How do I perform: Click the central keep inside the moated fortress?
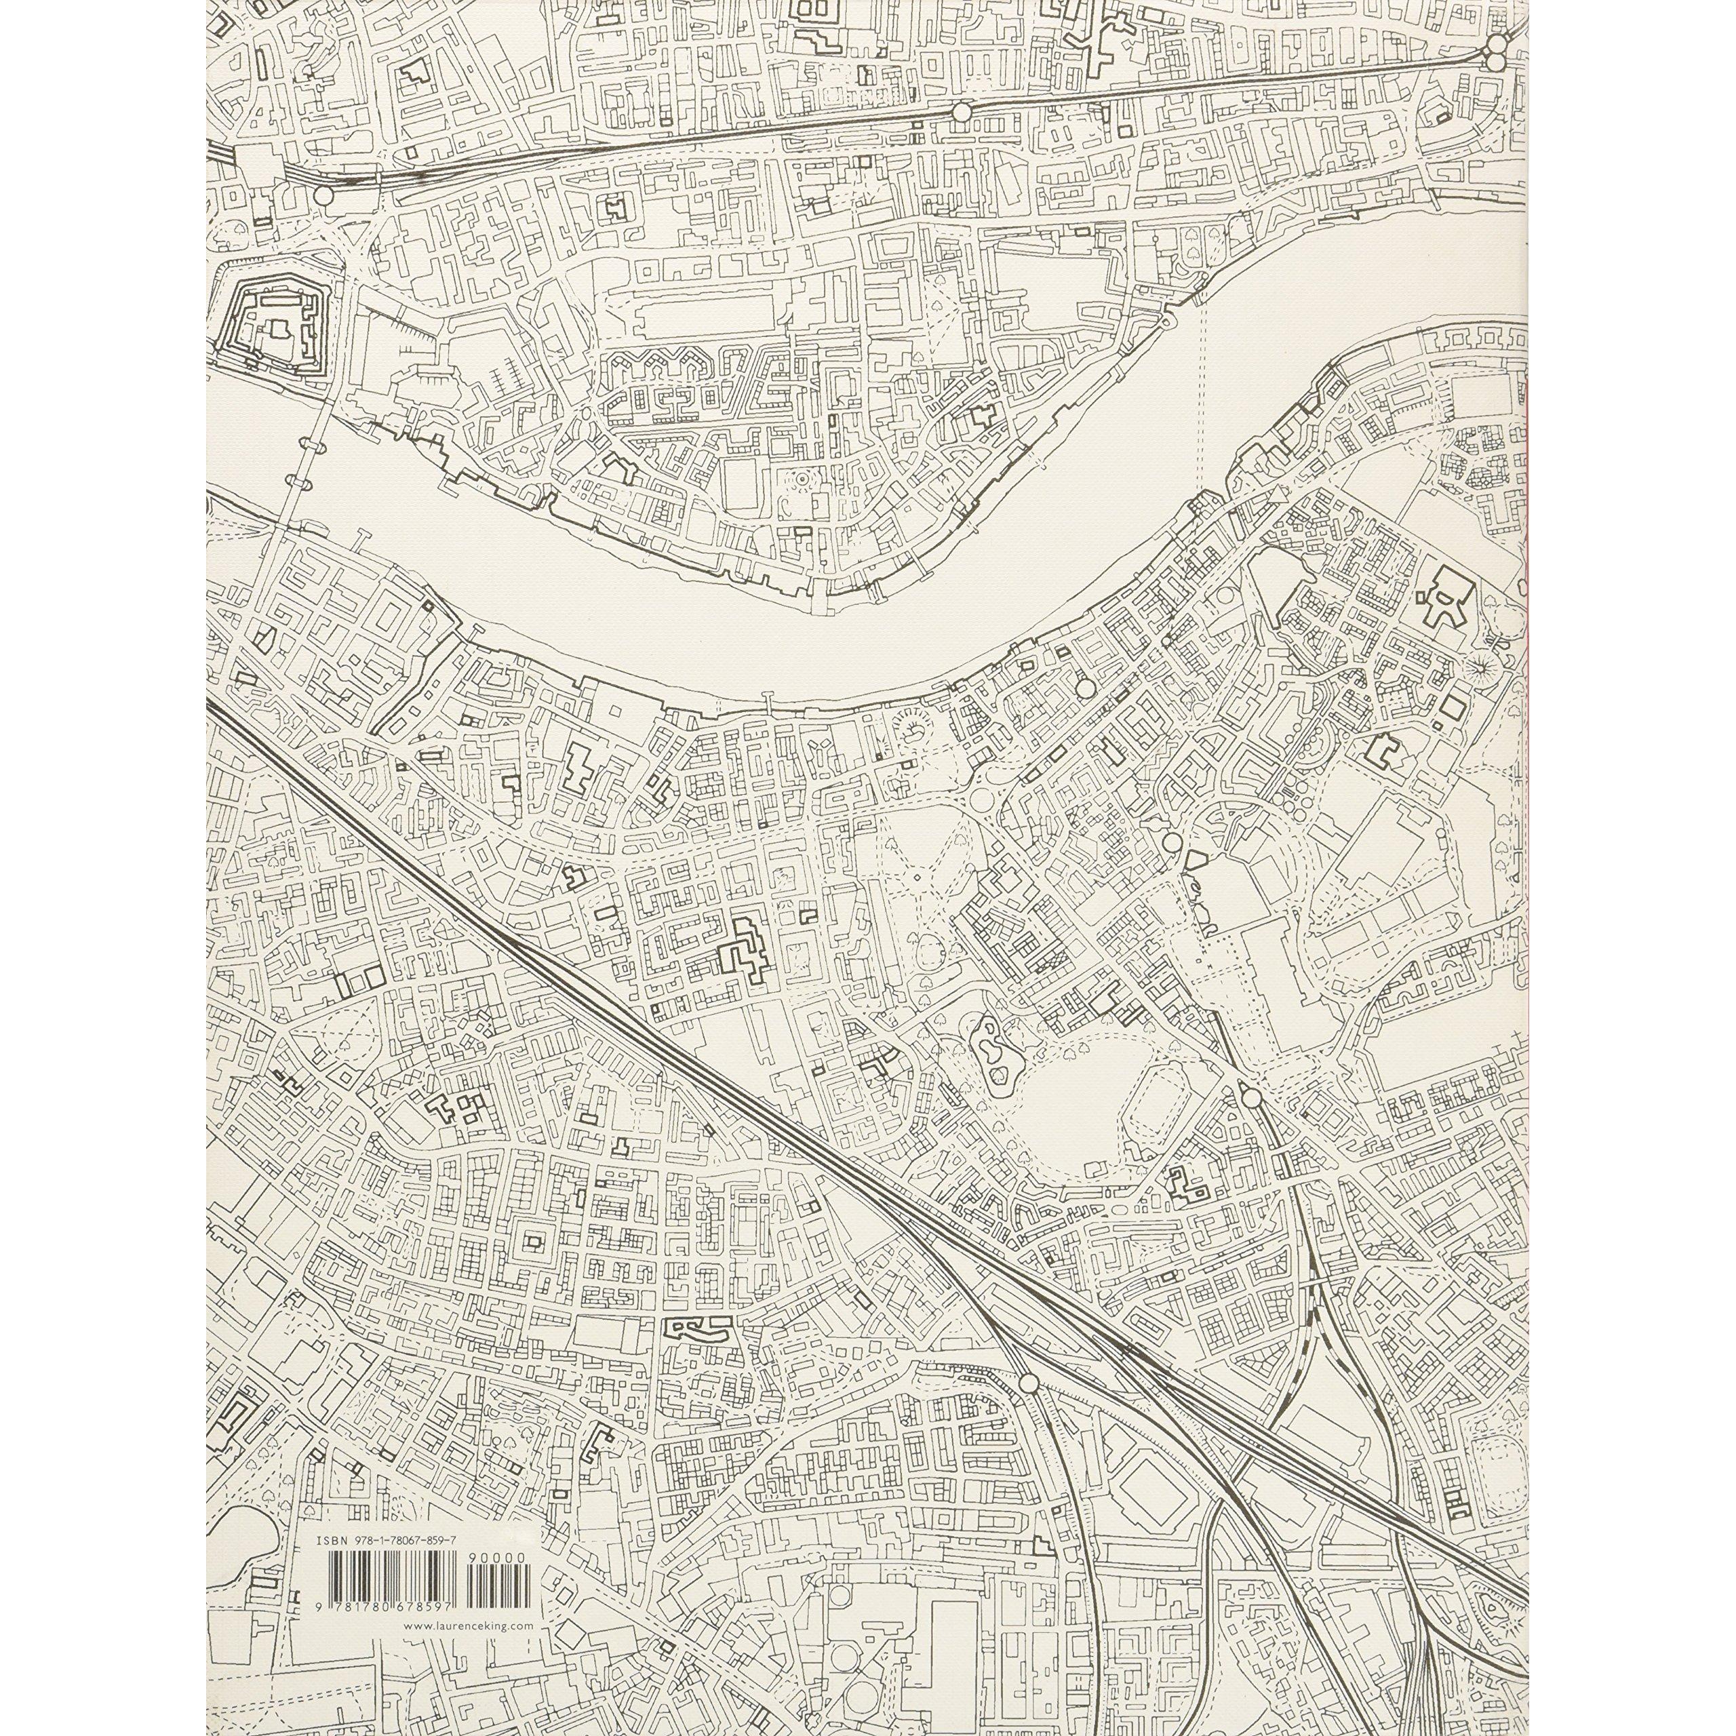point(274,334)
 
